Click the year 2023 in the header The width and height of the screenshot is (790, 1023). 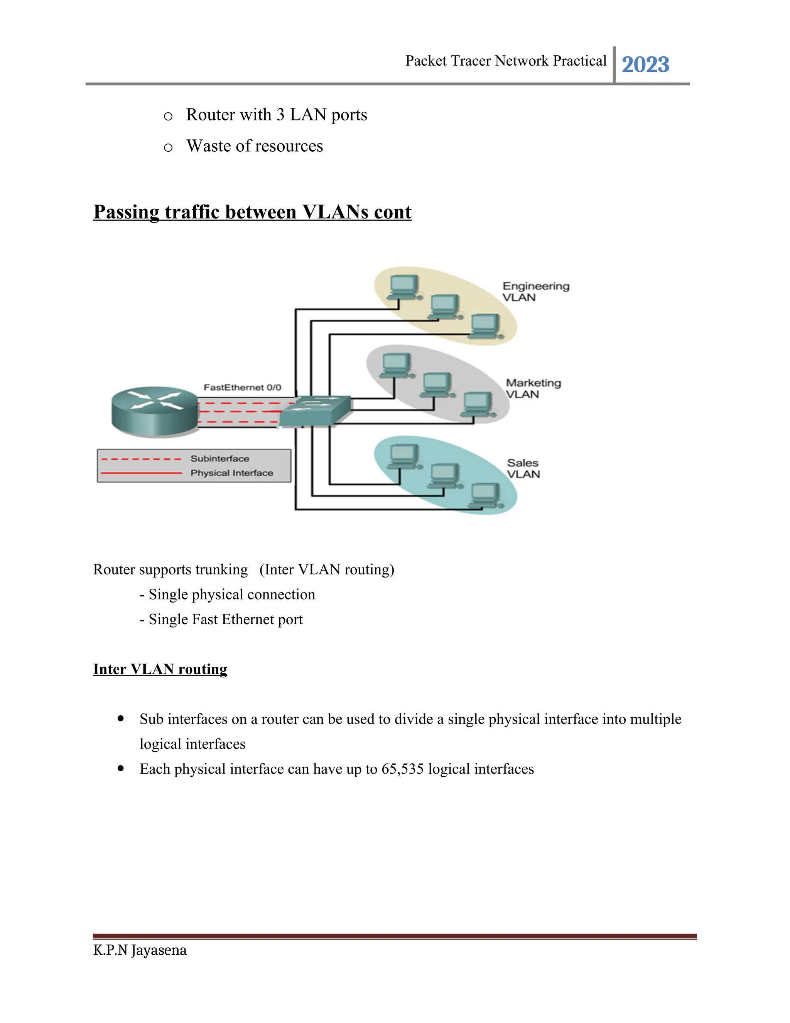[645, 64]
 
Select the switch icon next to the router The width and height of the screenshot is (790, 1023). [315, 411]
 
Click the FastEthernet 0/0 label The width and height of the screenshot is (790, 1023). [242, 387]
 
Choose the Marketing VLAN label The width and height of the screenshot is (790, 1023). [533, 388]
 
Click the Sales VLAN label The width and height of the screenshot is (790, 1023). [523, 468]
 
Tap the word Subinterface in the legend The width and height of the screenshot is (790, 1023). [219, 459]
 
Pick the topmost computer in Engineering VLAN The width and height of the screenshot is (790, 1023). [404, 287]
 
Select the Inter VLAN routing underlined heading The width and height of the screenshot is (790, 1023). [160, 669]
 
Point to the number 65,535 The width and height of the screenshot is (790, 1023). [402, 769]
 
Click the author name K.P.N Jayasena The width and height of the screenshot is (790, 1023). [140, 950]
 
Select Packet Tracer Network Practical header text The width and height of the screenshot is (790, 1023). [505, 61]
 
